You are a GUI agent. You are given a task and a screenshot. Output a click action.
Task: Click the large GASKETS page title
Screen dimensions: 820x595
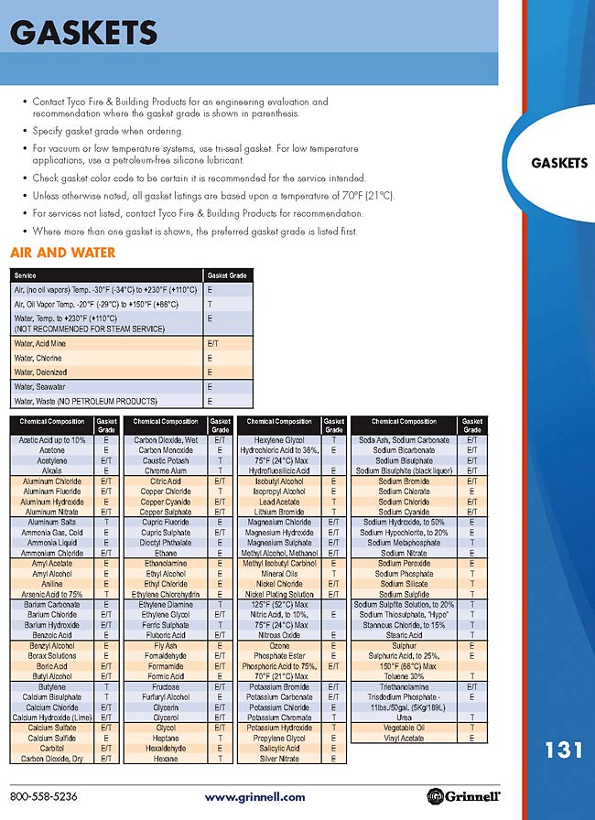(x=84, y=35)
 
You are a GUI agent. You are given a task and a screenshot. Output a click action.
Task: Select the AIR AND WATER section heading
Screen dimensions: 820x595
(x=62, y=253)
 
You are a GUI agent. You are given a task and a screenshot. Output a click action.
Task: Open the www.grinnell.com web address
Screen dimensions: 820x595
(x=254, y=797)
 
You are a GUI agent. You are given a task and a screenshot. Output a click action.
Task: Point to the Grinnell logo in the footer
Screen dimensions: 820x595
(x=469, y=796)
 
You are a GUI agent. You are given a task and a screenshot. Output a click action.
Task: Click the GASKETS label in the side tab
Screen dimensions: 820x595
(x=558, y=163)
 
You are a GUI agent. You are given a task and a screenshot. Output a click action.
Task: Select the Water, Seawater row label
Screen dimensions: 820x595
(x=43, y=387)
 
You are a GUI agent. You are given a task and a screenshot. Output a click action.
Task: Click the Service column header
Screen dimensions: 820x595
(x=26, y=275)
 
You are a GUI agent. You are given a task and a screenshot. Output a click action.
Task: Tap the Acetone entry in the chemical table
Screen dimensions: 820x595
(x=52, y=450)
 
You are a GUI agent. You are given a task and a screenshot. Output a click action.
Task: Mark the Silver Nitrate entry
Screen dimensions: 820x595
(x=280, y=759)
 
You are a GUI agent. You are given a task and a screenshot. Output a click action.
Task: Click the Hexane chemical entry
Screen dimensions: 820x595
(x=165, y=759)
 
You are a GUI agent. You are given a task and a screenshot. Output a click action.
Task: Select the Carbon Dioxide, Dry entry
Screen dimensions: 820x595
(x=52, y=759)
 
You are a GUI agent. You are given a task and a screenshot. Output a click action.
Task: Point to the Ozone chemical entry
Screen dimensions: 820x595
(x=280, y=645)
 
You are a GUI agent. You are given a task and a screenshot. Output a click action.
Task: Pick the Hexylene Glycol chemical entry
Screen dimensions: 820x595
(x=280, y=440)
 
